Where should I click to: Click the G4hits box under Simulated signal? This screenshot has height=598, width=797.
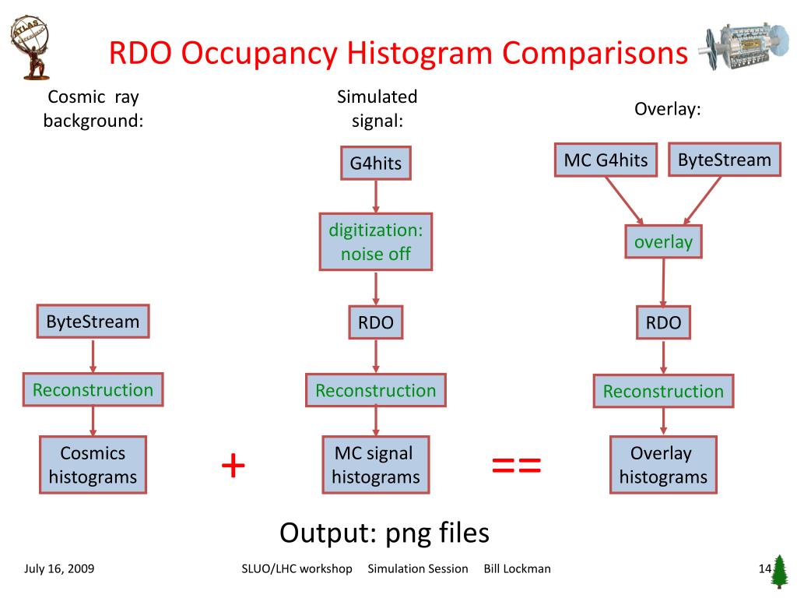(x=376, y=163)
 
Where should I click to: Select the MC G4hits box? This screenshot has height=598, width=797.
(x=606, y=160)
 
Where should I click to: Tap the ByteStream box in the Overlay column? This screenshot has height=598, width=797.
(x=724, y=160)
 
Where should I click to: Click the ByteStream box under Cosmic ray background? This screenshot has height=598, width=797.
(x=93, y=322)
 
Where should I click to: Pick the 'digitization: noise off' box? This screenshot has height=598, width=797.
(x=376, y=241)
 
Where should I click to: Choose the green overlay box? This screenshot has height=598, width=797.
(x=663, y=242)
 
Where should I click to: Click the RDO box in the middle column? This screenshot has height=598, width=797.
(x=376, y=323)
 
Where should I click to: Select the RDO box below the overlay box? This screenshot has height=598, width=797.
(x=663, y=323)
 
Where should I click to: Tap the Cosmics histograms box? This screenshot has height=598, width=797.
(x=93, y=465)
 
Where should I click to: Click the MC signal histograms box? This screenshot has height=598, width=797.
(x=376, y=465)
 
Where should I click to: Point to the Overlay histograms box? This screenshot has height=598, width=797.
(x=663, y=465)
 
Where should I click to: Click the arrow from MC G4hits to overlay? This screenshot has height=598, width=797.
(x=624, y=200)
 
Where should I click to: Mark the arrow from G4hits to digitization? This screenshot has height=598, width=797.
(x=376, y=195)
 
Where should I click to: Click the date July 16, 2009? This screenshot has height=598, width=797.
(x=59, y=568)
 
